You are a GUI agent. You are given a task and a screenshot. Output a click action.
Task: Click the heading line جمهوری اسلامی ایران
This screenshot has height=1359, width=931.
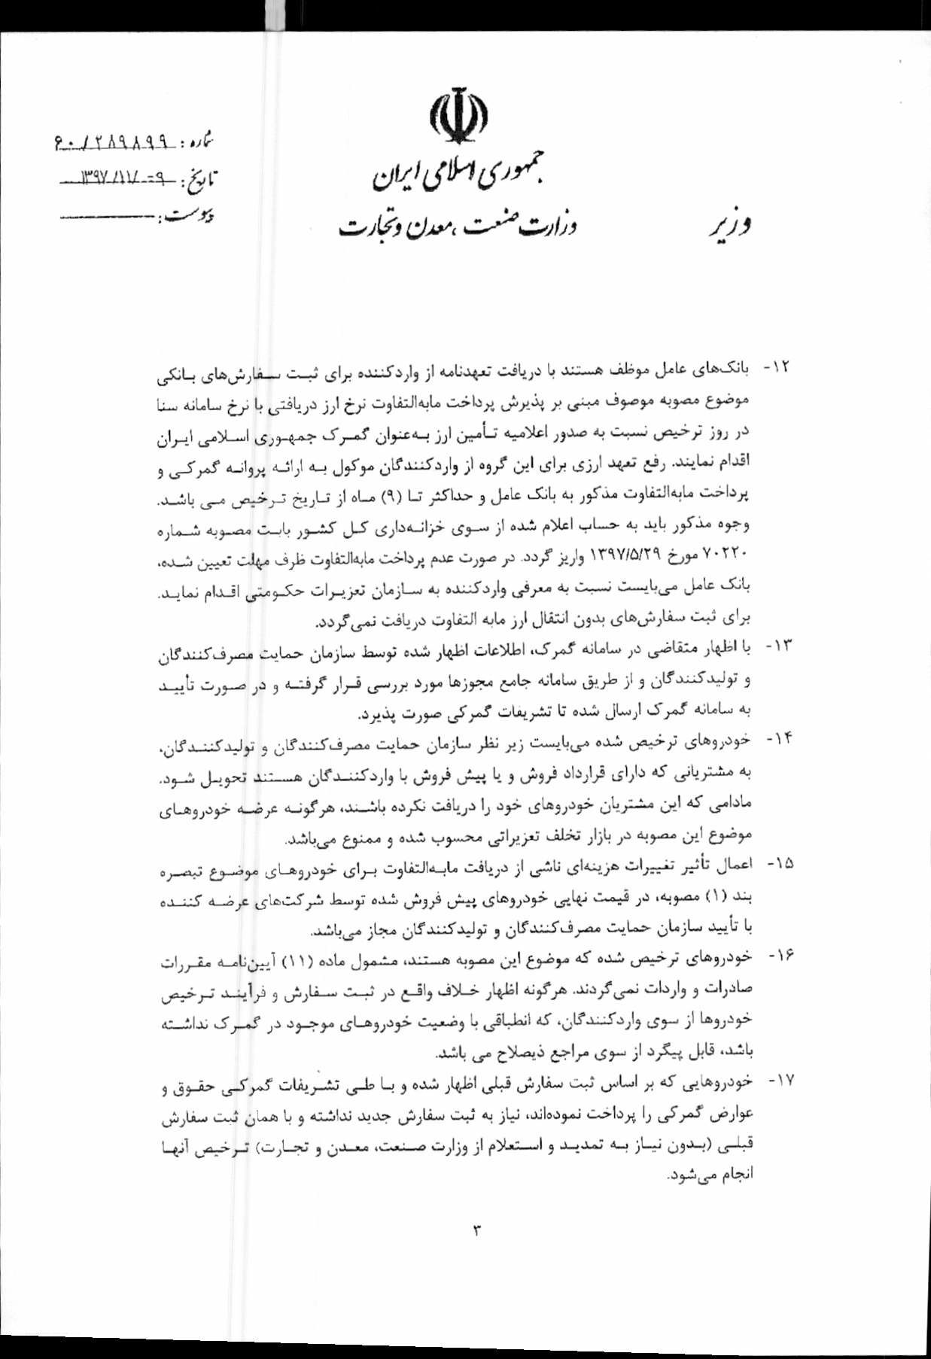tap(458, 173)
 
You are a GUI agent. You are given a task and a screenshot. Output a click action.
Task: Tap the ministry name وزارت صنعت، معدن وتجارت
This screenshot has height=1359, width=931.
tap(457, 223)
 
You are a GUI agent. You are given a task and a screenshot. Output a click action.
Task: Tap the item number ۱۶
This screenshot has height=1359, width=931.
tap(777, 956)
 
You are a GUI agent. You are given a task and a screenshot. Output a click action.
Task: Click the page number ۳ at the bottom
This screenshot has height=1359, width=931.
tap(476, 1231)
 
